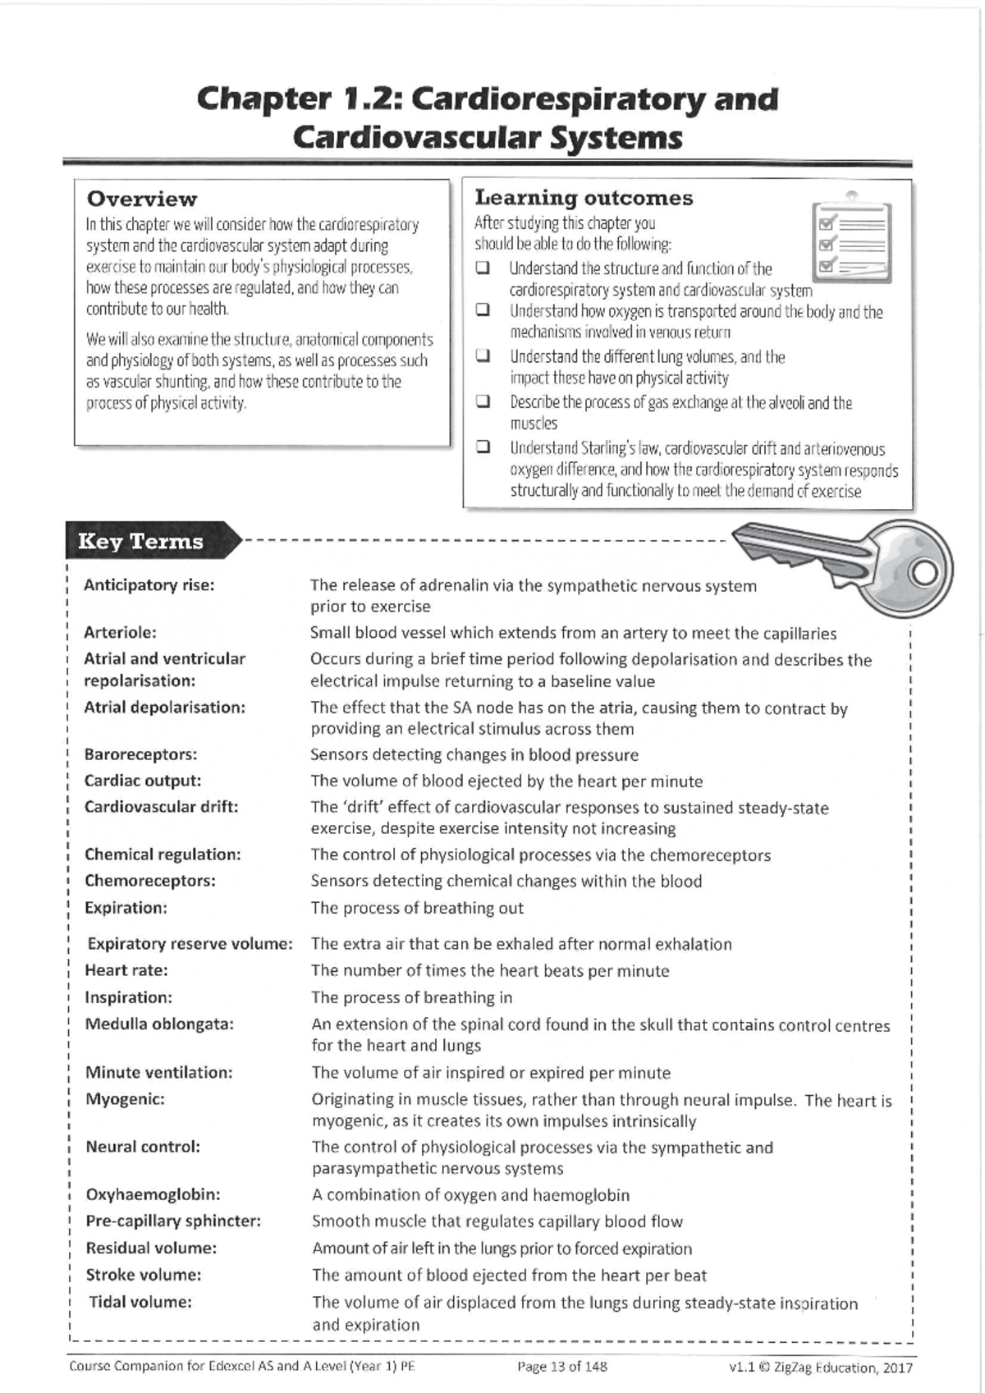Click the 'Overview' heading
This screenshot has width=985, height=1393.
click(x=141, y=199)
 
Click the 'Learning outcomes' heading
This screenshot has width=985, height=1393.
click(x=584, y=198)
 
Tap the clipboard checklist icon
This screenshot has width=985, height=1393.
click(x=850, y=239)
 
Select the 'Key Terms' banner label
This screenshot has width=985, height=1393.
click(x=140, y=542)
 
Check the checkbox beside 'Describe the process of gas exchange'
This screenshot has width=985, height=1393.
click(x=483, y=402)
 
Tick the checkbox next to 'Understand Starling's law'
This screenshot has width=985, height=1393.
click(x=483, y=448)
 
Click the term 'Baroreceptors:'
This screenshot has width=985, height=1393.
click(x=140, y=754)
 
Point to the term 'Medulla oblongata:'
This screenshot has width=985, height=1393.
click(x=159, y=1024)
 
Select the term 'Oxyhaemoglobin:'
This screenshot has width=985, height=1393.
click(x=153, y=1194)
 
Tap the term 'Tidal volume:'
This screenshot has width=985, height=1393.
click(x=140, y=1302)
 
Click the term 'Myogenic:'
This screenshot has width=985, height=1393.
click(x=125, y=1099)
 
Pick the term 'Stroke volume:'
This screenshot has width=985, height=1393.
click(x=144, y=1275)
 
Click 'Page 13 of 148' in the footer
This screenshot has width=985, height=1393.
click(x=562, y=1367)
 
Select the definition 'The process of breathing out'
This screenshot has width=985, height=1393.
click(x=416, y=908)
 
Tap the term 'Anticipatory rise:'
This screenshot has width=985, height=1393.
click(x=149, y=585)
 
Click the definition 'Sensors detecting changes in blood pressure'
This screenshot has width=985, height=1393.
click(x=474, y=754)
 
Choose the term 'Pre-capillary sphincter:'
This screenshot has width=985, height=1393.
click(x=173, y=1221)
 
